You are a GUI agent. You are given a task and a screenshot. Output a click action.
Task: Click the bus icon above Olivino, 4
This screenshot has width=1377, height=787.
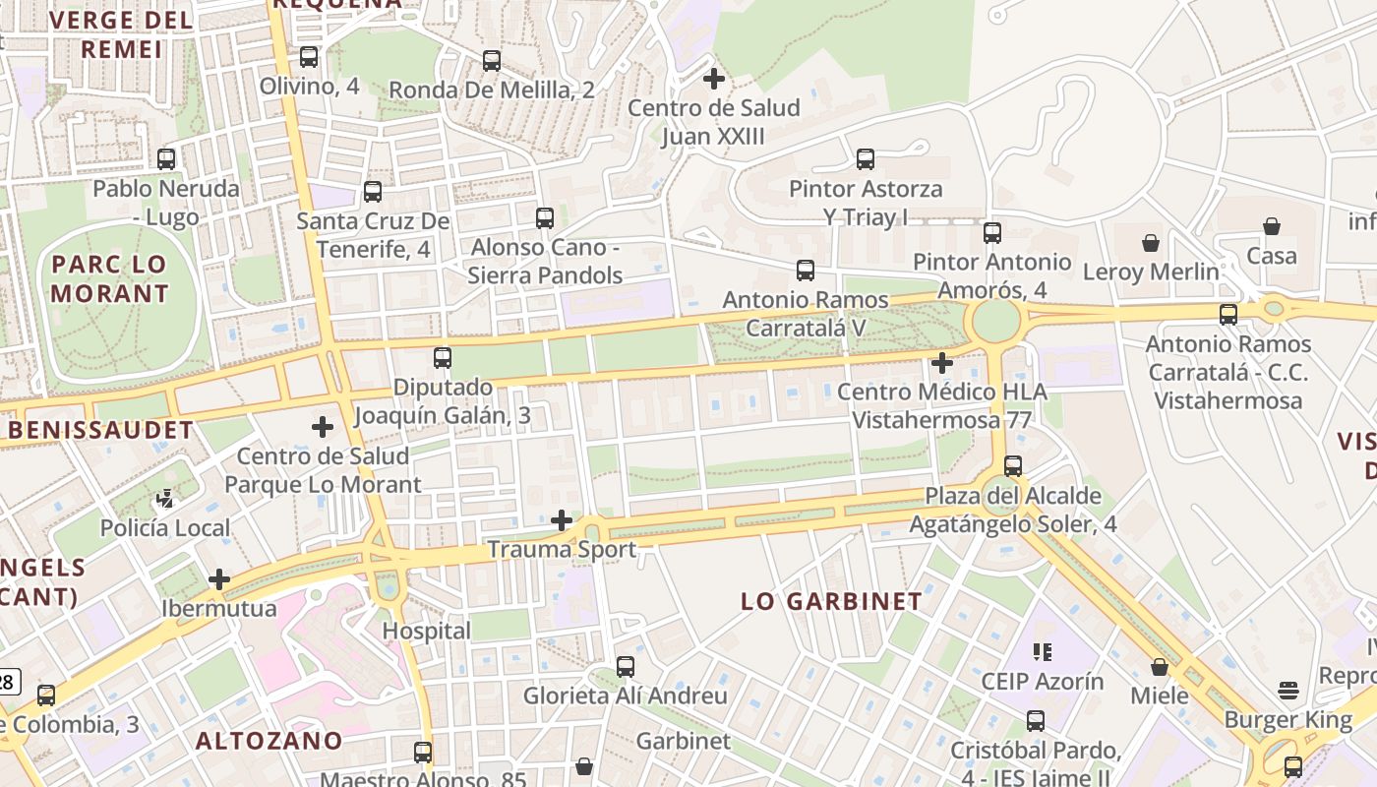[x=309, y=57]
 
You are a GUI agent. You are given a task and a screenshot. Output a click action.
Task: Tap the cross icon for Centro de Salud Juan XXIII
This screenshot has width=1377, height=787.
[x=714, y=78]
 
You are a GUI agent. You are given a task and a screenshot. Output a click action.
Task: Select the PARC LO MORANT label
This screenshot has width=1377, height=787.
[x=110, y=278]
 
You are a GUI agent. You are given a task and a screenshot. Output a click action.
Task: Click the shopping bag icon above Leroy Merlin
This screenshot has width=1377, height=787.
[x=1150, y=242]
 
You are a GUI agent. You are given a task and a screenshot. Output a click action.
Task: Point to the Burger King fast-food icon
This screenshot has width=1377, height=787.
[x=1288, y=690]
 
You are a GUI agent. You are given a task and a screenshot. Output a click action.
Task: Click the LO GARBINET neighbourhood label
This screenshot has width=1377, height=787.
[x=831, y=601]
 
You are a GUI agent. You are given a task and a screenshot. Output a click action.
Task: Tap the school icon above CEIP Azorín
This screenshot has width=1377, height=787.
[x=1043, y=651]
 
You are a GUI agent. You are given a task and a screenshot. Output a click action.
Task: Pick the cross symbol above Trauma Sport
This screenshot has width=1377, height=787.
[x=562, y=519]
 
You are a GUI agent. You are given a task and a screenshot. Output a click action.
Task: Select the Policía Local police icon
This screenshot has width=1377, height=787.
[x=165, y=499]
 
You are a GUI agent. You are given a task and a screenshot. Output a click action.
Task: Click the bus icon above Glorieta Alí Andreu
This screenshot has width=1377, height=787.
[x=626, y=667]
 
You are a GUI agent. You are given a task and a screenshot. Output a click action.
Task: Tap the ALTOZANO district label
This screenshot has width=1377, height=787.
[x=269, y=741]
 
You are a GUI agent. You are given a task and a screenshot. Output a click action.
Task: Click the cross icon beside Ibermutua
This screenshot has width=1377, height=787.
[x=219, y=579]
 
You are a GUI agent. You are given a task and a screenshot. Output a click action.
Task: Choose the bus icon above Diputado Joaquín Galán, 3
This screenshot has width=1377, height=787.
[x=443, y=358]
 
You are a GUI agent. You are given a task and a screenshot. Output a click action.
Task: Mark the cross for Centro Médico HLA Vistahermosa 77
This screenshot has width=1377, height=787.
[x=941, y=363]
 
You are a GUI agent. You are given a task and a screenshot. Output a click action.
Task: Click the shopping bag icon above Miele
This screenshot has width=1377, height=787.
[x=1160, y=667]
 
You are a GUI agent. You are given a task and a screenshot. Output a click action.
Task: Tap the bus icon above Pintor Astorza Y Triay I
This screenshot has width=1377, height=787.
[x=866, y=158]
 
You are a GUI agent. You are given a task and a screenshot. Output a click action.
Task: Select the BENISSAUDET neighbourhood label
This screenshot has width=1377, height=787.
[x=101, y=430]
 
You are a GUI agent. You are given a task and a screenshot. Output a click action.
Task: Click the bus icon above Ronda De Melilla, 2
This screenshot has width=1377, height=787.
[x=492, y=61]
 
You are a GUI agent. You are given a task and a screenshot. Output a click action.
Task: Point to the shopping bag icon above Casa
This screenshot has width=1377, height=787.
[x=1272, y=226]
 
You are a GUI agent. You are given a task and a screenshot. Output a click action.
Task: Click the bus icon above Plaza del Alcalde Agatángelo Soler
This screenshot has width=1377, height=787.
[x=1013, y=466]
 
